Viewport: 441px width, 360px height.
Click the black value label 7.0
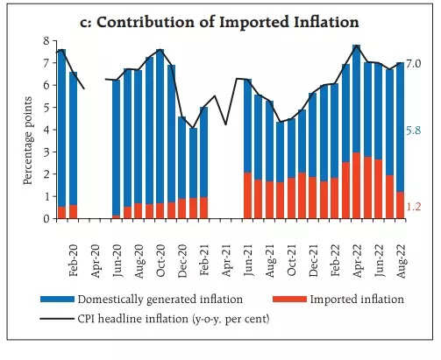pyautogui.click(x=414, y=62)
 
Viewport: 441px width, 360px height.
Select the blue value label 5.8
pyautogui.click(x=414, y=131)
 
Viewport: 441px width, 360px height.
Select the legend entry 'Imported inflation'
pyautogui.click(x=356, y=300)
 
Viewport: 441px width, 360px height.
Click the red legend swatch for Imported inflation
pyautogui.click(x=285, y=300)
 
